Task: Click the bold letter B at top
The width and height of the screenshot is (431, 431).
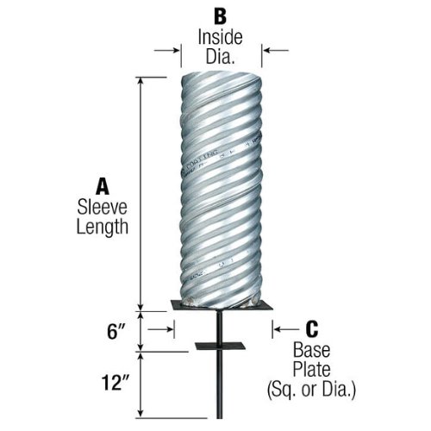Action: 221,16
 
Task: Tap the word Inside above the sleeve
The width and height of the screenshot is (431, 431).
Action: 220,37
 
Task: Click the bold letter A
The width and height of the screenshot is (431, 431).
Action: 103,186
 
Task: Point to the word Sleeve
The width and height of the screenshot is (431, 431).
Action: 102,207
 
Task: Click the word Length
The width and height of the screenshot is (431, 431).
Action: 103,228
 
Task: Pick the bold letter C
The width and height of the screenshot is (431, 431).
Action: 312,329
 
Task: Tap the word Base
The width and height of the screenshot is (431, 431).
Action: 311,350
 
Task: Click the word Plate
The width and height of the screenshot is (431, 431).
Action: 311,369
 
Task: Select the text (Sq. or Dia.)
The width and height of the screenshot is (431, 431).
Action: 311,390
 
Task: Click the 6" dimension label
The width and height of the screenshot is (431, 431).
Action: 117,332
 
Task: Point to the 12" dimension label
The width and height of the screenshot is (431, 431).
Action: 115,383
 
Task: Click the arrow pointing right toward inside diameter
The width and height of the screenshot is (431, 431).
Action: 167,51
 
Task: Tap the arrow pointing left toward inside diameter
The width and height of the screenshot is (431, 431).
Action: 276,51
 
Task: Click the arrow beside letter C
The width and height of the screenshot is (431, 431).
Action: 286,329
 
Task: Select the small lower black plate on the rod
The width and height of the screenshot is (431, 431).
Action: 220,347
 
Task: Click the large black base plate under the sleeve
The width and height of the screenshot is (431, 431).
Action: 222,305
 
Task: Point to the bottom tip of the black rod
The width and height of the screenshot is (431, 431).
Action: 220,418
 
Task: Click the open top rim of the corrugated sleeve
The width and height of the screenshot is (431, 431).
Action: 222,75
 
